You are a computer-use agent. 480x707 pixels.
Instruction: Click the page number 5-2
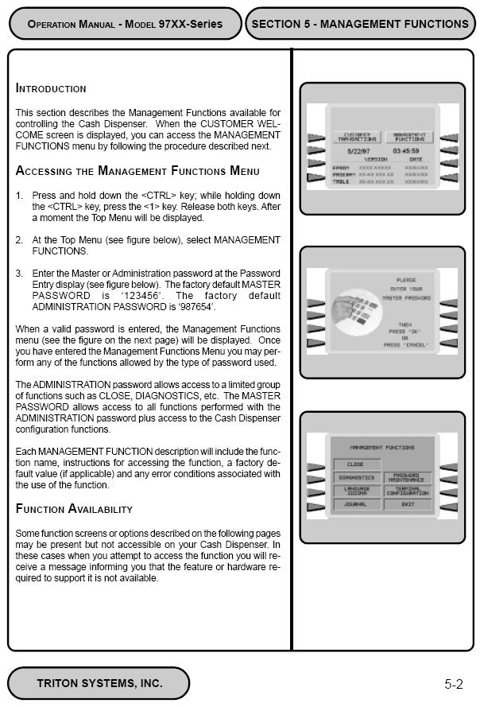pos(454,683)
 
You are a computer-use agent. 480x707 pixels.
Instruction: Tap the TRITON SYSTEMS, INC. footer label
pos(99,682)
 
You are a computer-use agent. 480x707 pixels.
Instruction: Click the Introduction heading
pos(51,88)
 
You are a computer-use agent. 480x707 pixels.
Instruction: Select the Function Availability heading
pos(74,508)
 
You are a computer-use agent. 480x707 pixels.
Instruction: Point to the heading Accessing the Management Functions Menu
pos(137,170)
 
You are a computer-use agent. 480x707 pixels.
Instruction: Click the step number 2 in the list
pos(20,239)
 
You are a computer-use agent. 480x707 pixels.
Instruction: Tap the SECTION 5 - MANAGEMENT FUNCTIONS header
pos(360,24)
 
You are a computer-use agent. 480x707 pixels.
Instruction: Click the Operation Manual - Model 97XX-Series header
pos(125,24)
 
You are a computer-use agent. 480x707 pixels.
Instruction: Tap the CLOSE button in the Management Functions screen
pos(355,464)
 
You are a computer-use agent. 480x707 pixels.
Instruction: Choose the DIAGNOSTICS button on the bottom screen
pos(356,478)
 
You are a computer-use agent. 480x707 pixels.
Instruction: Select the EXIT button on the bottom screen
pos(408,504)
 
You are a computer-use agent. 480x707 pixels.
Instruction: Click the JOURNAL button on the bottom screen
pos(356,504)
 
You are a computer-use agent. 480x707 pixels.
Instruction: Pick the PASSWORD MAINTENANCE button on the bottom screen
pos(408,478)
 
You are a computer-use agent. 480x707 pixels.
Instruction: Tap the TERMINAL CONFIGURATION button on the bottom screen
pos(408,491)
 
